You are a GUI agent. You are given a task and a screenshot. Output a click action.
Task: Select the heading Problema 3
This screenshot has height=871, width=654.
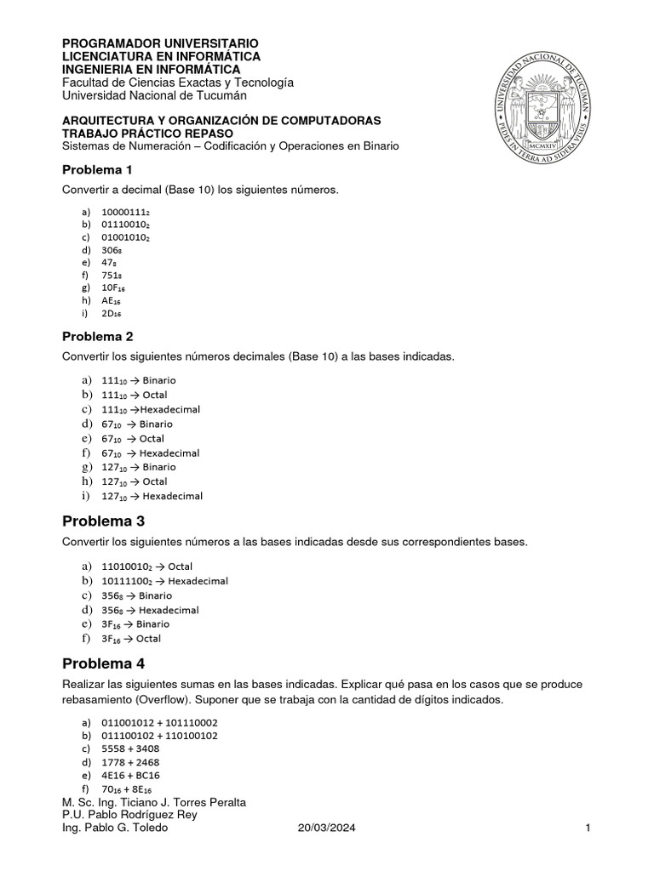(x=104, y=521)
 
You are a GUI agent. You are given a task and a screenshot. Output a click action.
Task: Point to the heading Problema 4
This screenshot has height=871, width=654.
(x=104, y=663)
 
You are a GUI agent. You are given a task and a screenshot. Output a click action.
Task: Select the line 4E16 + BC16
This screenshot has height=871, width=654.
(x=131, y=776)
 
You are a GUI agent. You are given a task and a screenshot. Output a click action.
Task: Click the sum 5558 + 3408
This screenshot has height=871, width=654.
(x=130, y=748)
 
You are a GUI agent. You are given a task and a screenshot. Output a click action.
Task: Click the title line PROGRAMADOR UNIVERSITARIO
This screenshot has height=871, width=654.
(x=161, y=43)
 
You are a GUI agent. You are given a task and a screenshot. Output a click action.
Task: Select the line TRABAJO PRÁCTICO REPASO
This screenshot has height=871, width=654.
(x=147, y=134)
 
